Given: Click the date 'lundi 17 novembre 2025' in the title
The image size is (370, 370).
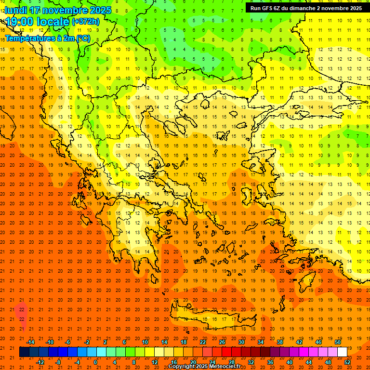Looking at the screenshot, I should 58,10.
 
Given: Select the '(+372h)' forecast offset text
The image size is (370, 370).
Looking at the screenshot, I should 86,22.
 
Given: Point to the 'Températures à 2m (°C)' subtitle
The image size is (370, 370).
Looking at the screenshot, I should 47,38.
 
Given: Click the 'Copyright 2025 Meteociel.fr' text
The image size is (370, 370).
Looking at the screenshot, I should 204,367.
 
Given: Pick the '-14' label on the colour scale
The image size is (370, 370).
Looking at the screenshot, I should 31,342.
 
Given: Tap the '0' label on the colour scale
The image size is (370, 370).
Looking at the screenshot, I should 95,362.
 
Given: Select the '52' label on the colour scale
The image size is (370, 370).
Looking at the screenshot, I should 347,362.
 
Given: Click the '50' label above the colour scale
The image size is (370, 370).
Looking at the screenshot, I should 337,342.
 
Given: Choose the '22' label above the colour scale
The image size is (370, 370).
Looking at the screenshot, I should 203,342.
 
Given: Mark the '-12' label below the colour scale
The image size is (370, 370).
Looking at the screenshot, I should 40,362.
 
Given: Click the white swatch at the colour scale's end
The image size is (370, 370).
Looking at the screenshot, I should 342,352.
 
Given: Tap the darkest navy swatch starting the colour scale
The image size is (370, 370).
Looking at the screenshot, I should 24,352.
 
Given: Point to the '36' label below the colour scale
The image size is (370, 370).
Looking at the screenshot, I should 270,362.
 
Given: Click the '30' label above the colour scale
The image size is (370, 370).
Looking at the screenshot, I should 241,342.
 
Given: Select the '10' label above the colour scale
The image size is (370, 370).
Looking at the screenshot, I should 145,342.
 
